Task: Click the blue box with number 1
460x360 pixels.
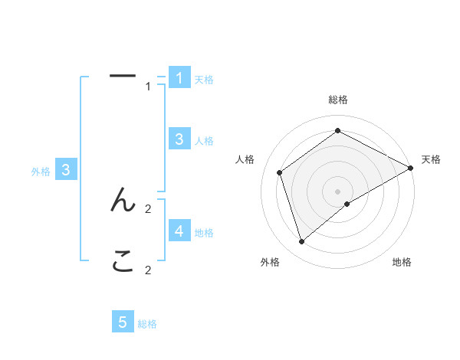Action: pyautogui.click(x=179, y=77)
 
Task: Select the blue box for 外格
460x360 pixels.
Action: pyautogui.click(x=66, y=171)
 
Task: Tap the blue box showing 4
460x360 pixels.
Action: pyautogui.click(x=179, y=231)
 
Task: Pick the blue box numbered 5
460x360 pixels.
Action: pyautogui.click(x=123, y=322)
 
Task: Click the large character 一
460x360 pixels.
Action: pyautogui.click(x=123, y=76)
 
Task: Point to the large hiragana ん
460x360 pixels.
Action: pyautogui.click(x=123, y=201)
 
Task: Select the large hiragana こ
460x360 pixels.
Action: pyautogui.click(x=123, y=263)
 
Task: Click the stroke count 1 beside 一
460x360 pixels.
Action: pyautogui.click(x=149, y=87)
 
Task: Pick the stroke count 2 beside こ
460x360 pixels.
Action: pyautogui.click(x=149, y=270)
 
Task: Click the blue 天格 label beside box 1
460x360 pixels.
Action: pyautogui.click(x=204, y=80)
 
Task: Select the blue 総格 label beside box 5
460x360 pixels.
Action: pyautogui.click(x=147, y=325)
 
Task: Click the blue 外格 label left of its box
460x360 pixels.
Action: pyautogui.click(x=41, y=172)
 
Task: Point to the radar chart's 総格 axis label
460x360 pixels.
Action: pyautogui.click(x=338, y=100)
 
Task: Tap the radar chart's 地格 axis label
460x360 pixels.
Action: pyautogui.click(x=402, y=263)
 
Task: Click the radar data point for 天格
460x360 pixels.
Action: pyautogui.click(x=411, y=168)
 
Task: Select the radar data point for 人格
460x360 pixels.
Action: pyautogui.click(x=280, y=172)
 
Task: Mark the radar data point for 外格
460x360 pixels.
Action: pyautogui.click(x=302, y=242)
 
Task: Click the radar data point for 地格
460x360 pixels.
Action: pyautogui.click(x=347, y=204)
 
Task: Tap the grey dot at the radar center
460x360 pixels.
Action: pyautogui.click(x=338, y=191)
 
